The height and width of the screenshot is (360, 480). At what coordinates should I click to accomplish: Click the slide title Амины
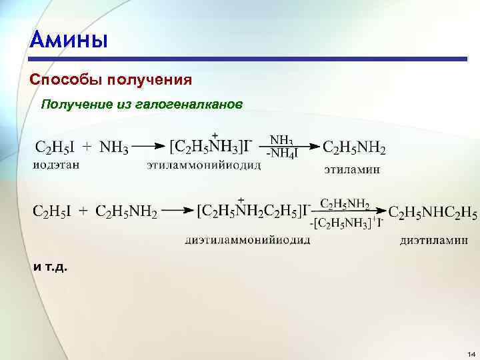tap(69, 40)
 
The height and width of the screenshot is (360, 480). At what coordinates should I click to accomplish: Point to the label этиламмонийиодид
tap(203, 165)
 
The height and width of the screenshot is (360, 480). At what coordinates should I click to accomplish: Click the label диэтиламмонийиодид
tap(247, 240)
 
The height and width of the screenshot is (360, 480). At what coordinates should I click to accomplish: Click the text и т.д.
tap(50, 267)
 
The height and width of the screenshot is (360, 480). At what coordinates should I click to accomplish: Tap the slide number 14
tap(471, 353)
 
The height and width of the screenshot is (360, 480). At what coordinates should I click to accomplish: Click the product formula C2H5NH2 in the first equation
tap(354, 147)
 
